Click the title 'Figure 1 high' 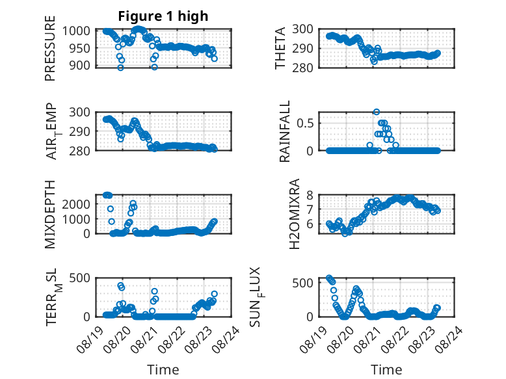click(163, 16)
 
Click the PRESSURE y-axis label click(50, 48)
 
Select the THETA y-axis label click(280, 48)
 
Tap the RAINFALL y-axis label click(285, 131)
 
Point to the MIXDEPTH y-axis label click(50, 214)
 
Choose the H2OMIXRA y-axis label click(295, 214)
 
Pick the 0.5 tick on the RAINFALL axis click(305, 124)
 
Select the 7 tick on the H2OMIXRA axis click(310, 209)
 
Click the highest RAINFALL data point click(377, 112)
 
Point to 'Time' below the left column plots click(163, 370)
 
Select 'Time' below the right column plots click(386, 370)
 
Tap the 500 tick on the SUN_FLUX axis click(303, 283)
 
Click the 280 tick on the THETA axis click(303, 68)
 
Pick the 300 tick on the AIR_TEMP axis click(80, 112)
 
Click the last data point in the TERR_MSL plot click(214, 294)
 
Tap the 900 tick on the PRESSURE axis click(80, 66)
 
